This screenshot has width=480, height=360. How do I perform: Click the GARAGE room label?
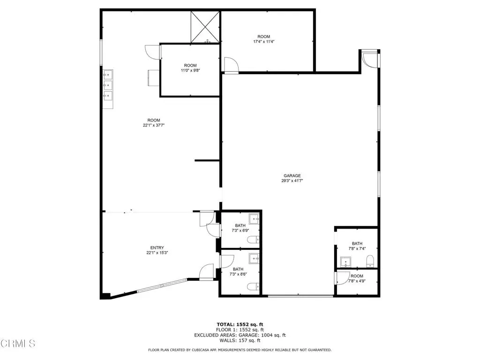pos(292,176)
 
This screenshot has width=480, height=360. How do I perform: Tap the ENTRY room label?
pos(157,247)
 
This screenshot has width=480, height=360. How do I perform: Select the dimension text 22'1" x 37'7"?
pos(154,125)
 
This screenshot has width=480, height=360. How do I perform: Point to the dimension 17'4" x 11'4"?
pos(263,42)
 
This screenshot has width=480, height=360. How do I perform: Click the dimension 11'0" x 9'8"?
pos(190,70)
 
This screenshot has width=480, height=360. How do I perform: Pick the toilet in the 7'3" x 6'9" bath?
pos(254,240)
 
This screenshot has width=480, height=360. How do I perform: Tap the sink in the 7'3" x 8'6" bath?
pos(254,259)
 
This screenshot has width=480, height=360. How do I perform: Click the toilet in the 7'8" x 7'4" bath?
pos(370,261)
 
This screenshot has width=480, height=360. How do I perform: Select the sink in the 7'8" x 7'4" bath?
pos(345,262)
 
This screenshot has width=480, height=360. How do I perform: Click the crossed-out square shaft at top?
pos(205,27)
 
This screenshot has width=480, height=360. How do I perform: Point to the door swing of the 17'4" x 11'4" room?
pos(231,65)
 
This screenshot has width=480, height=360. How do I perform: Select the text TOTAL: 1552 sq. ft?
pos(240,324)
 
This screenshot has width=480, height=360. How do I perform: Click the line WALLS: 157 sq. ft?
pos(240,340)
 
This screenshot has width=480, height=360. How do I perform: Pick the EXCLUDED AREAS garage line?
pos(240,335)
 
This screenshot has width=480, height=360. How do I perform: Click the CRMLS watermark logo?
pos(18,344)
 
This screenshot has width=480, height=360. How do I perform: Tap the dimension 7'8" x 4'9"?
pos(357,281)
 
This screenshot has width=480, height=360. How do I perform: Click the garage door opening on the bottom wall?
pos(300,296)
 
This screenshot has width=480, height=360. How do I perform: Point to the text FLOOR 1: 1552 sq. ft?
pos(240,330)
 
